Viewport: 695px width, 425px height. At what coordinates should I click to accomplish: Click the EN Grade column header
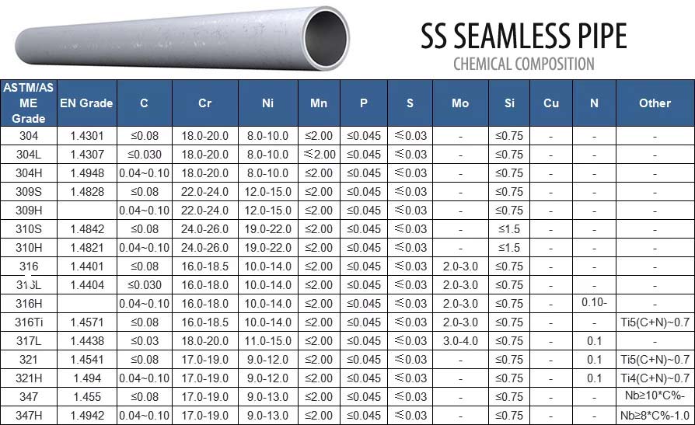(86, 103)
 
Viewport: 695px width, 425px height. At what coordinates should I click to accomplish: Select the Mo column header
(460, 103)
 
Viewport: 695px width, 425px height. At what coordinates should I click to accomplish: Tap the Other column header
(655, 103)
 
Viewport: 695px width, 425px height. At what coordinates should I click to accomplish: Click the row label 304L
(29, 155)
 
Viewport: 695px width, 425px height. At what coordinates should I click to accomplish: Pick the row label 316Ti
(29, 322)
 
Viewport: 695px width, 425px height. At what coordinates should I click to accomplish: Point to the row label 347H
(29, 416)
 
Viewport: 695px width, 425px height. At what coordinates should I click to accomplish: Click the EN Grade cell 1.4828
(86, 192)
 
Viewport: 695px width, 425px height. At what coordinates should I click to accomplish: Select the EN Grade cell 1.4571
(86, 322)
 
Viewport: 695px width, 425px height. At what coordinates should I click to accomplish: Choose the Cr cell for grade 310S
(205, 229)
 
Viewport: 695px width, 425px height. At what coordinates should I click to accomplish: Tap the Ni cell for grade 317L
(267, 341)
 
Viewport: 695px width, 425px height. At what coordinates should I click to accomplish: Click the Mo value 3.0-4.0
(460, 341)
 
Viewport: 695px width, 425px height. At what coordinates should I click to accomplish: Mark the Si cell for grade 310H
(509, 248)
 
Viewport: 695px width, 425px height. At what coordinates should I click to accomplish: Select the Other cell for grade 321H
(655, 378)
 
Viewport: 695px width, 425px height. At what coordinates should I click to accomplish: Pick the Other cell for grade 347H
(655, 416)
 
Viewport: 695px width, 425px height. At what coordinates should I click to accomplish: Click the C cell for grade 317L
(145, 341)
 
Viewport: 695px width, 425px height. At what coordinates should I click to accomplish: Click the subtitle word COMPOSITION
(551, 64)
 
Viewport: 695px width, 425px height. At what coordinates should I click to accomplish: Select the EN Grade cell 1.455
(86, 397)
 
